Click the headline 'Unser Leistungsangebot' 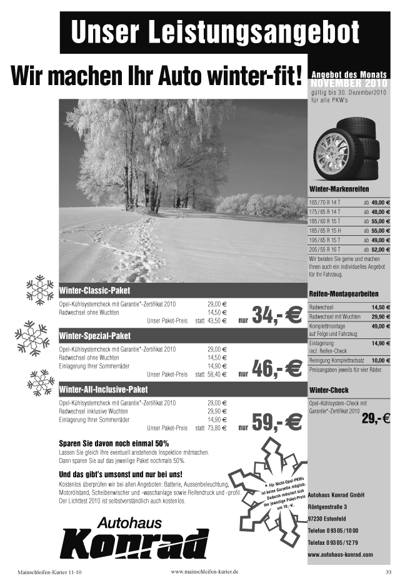215,32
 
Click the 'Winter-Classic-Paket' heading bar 94,292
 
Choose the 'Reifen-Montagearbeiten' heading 344,293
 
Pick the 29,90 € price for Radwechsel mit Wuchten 380,317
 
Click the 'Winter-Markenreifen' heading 339,189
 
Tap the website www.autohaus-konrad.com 340,554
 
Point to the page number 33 387,572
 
